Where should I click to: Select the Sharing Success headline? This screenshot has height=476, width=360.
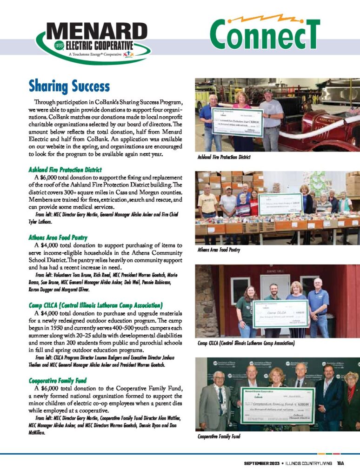[x=69, y=86]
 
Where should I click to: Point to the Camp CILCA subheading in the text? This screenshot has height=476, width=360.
[x=95, y=305]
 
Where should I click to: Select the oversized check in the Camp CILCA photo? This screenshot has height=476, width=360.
[x=280, y=313]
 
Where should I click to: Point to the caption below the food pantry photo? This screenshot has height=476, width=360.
[x=219, y=250]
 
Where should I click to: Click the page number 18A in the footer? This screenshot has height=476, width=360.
[x=340, y=463]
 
